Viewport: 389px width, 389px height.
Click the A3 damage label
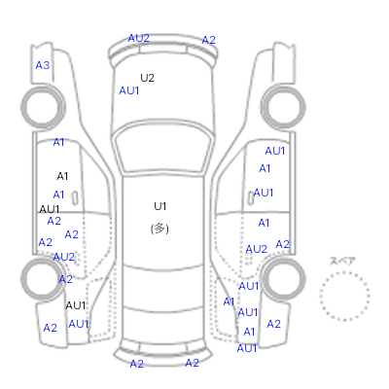(x=43, y=65)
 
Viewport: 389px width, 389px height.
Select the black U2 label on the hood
(x=147, y=78)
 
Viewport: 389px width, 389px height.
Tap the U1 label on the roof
(x=160, y=206)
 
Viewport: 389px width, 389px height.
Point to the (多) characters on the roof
(x=159, y=229)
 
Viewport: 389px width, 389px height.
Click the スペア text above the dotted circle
(x=342, y=261)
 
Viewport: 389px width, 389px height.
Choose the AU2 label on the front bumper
(x=138, y=38)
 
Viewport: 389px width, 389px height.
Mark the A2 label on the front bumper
(x=208, y=40)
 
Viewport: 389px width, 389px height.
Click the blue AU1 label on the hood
(x=129, y=90)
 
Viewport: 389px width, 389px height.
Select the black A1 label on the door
(x=62, y=176)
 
